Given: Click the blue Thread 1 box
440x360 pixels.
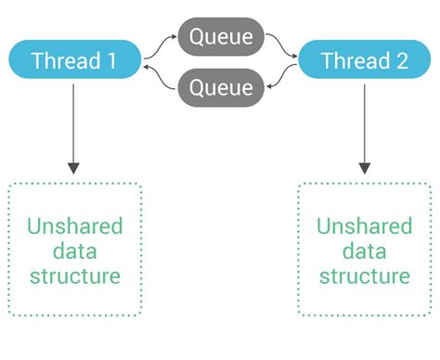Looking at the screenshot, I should click(75, 61).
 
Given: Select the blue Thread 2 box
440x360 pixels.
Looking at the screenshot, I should click(365, 61).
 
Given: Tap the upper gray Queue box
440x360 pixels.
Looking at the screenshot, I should click(220, 37).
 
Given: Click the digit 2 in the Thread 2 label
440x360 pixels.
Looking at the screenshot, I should click(403, 61).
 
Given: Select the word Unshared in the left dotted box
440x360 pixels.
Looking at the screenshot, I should click(75, 226).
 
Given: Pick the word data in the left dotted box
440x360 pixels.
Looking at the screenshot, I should click(75, 251).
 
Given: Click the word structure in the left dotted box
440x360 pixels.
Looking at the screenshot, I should click(75, 276).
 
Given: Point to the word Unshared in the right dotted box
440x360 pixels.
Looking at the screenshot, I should click(365, 226).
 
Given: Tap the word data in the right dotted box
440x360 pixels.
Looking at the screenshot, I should click(365, 251).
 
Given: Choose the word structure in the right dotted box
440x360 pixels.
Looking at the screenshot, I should click(365, 276).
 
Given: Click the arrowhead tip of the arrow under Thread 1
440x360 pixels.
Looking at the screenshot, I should click(74, 173).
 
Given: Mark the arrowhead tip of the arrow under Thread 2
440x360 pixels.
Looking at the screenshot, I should click(365, 173).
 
